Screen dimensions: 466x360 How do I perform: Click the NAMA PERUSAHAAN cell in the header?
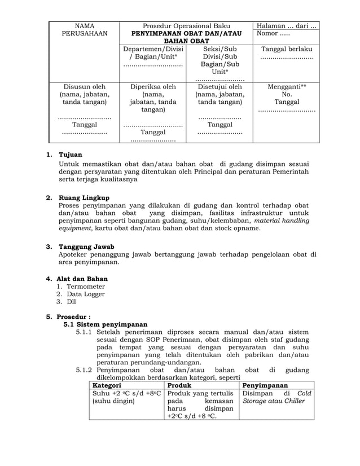pyautogui.click(x=84, y=30)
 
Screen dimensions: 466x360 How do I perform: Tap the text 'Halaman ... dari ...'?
pyautogui.click(x=287, y=26)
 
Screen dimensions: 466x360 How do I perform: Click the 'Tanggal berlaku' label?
pyautogui.click(x=287, y=49)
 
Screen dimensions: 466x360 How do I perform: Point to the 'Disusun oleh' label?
pyautogui.click(x=84, y=87)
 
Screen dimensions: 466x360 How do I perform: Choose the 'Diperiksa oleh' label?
pyautogui.click(x=153, y=87)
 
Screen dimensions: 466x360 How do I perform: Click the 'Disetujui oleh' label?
pyautogui.click(x=219, y=87)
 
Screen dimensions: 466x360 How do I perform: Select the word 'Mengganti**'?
pyautogui.click(x=287, y=87)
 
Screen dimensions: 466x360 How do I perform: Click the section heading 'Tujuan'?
pyautogui.click(x=71, y=155)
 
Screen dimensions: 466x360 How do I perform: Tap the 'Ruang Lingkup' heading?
pyautogui.click(x=84, y=198)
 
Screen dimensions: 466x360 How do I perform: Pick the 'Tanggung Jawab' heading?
pyautogui.click(x=86, y=247)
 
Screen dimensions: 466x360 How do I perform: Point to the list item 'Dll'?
pyautogui.click(x=72, y=302)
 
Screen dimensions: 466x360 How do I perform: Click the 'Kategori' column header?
pyautogui.click(x=107, y=385)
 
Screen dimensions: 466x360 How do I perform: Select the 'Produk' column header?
pyautogui.click(x=179, y=385)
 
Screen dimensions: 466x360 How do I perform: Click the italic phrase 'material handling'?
pyautogui.click(x=277, y=221)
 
